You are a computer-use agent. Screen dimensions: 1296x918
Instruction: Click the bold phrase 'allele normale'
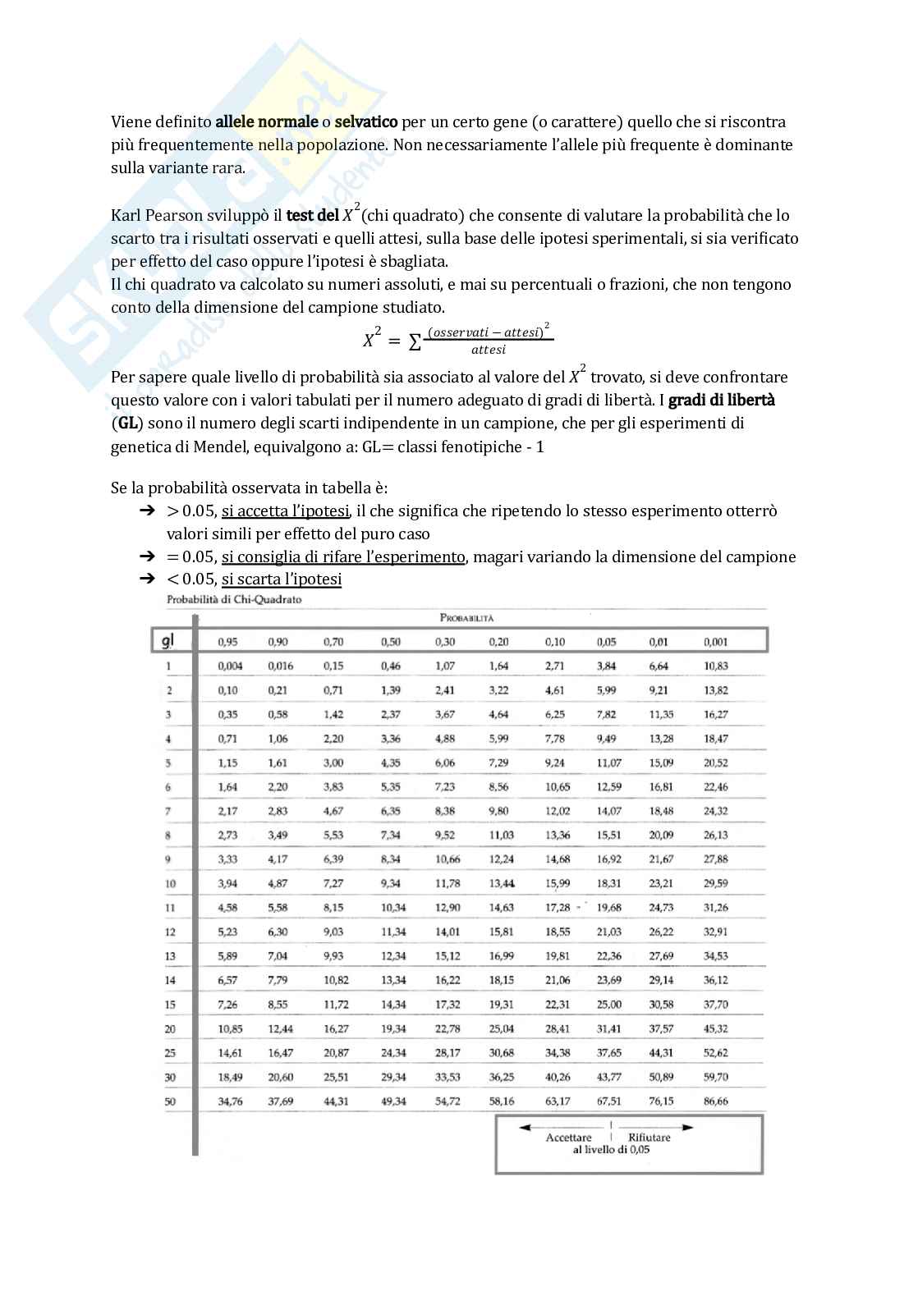pyautogui.click(x=266, y=122)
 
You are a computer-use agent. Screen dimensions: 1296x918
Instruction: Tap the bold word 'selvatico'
pyautogui.click(x=366, y=122)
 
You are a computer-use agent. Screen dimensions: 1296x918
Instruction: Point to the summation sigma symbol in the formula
pyautogui.click(x=415, y=341)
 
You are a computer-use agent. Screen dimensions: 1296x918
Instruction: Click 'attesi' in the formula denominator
pyautogui.click(x=489, y=350)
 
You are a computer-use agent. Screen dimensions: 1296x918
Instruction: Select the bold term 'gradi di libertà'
pyautogui.click(x=722, y=401)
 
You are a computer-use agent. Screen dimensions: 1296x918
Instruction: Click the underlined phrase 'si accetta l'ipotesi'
pyautogui.click(x=286, y=511)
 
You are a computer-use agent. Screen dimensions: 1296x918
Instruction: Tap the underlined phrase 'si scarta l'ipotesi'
pyautogui.click(x=281, y=579)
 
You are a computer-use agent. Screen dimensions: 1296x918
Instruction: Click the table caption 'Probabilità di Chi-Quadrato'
pyautogui.click(x=234, y=600)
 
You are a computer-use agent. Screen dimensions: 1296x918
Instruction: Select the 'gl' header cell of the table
pyautogui.click(x=168, y=641)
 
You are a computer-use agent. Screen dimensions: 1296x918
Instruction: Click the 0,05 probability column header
pyautogui.click(x=607, y=642)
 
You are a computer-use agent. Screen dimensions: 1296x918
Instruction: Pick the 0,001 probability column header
pyautogui.click(x=715, y=642)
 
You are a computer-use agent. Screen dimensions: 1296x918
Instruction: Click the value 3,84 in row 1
pyautogui.click(x=607, y=666)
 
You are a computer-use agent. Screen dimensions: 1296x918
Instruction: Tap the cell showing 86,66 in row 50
pyautogui.click(x=715, y=1101)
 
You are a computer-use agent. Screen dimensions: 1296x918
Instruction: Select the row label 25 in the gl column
pyautogui.click(x=170, y=1053)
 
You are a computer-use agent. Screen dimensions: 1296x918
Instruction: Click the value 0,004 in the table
pyautogui.click(x=230, y=666)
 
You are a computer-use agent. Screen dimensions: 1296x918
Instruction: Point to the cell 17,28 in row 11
pyautogui.click(x=558, y=908)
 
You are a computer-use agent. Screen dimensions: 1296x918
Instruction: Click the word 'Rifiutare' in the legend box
pyautogui.click(x=649, y=1138)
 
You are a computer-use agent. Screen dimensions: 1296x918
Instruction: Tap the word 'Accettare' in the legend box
pyautogui.click(x=568, y=1138)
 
